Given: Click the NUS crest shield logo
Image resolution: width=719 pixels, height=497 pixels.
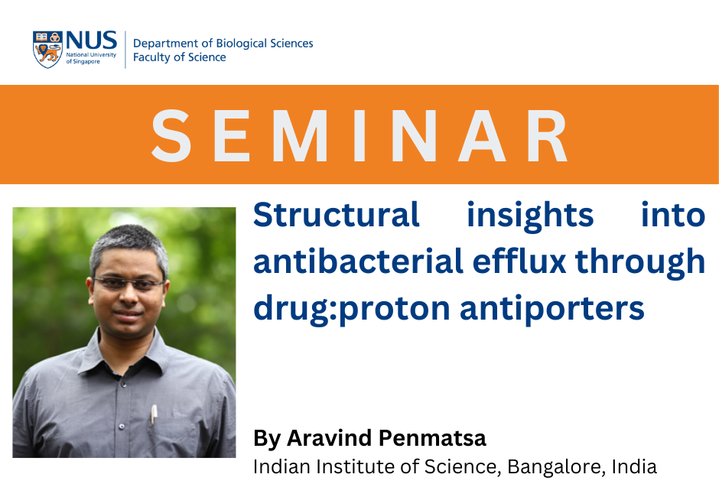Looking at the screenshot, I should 47,50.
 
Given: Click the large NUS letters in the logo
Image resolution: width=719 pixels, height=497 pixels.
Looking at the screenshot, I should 91,41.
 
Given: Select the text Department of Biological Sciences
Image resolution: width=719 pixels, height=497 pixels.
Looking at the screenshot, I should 223,44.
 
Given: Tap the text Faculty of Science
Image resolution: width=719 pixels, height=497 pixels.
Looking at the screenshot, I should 179,58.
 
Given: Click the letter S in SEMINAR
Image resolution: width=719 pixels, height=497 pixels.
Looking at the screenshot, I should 171,136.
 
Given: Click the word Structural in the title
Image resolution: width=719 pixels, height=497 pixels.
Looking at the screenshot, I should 336,216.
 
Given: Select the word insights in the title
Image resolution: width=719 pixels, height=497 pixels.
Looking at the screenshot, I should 530,216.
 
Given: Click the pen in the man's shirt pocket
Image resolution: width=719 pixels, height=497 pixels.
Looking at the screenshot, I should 154,414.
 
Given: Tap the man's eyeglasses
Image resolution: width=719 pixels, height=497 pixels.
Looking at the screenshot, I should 129,283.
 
